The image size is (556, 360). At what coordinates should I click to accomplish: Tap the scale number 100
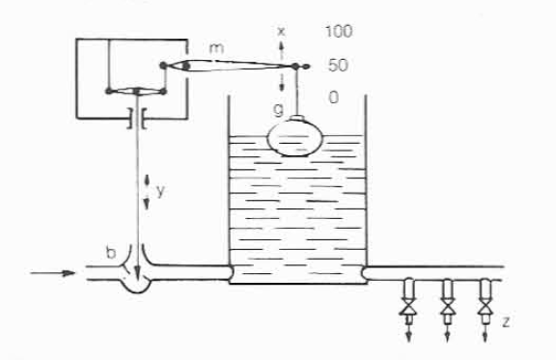pos(339,31)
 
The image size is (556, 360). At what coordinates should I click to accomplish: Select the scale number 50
pos(338,66)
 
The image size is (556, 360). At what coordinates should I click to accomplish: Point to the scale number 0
pos(334,97)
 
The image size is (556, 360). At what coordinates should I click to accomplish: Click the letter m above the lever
pos(216,48)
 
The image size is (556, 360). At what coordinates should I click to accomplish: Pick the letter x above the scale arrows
pos(281,32)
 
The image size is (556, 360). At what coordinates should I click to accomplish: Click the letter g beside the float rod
pos(279,110)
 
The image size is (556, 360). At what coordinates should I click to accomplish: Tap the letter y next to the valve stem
pos(160,191)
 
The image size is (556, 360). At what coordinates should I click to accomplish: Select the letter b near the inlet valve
pos(111,252)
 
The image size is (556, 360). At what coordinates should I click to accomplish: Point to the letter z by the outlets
pos(506,321)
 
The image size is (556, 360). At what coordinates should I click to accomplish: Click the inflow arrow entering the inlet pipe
pos(53,273)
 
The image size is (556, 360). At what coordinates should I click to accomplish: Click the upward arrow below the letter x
pos(282,50)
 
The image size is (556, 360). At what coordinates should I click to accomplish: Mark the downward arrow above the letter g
pos(282,82)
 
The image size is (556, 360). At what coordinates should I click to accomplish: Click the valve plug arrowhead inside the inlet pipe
pos(138,273)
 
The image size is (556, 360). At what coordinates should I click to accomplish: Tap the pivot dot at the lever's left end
pos(163,66)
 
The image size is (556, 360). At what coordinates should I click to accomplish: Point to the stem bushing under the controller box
pos(137,118)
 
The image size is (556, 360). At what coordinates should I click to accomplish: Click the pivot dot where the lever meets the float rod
pos(295,66)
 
